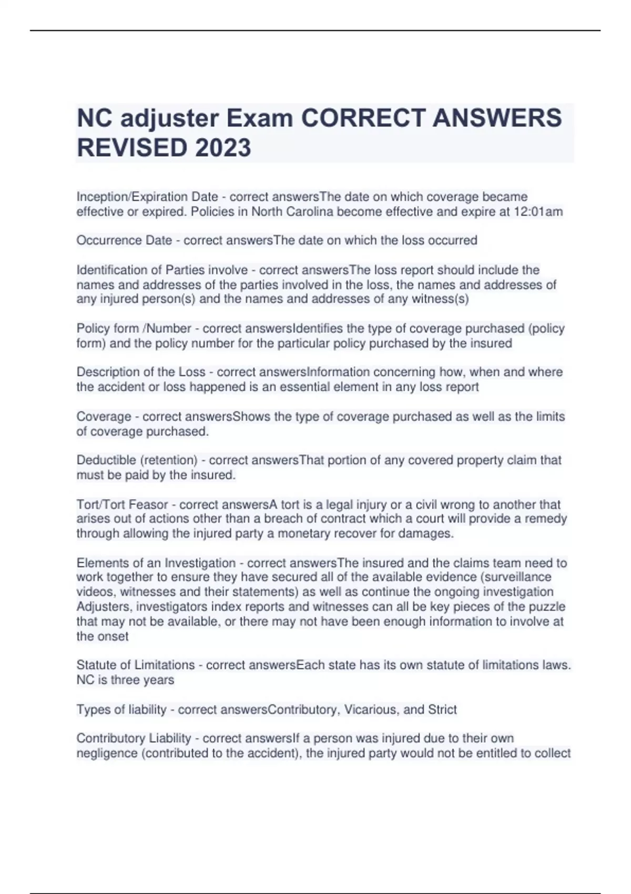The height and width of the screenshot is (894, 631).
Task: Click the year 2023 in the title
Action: pos(223,147)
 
